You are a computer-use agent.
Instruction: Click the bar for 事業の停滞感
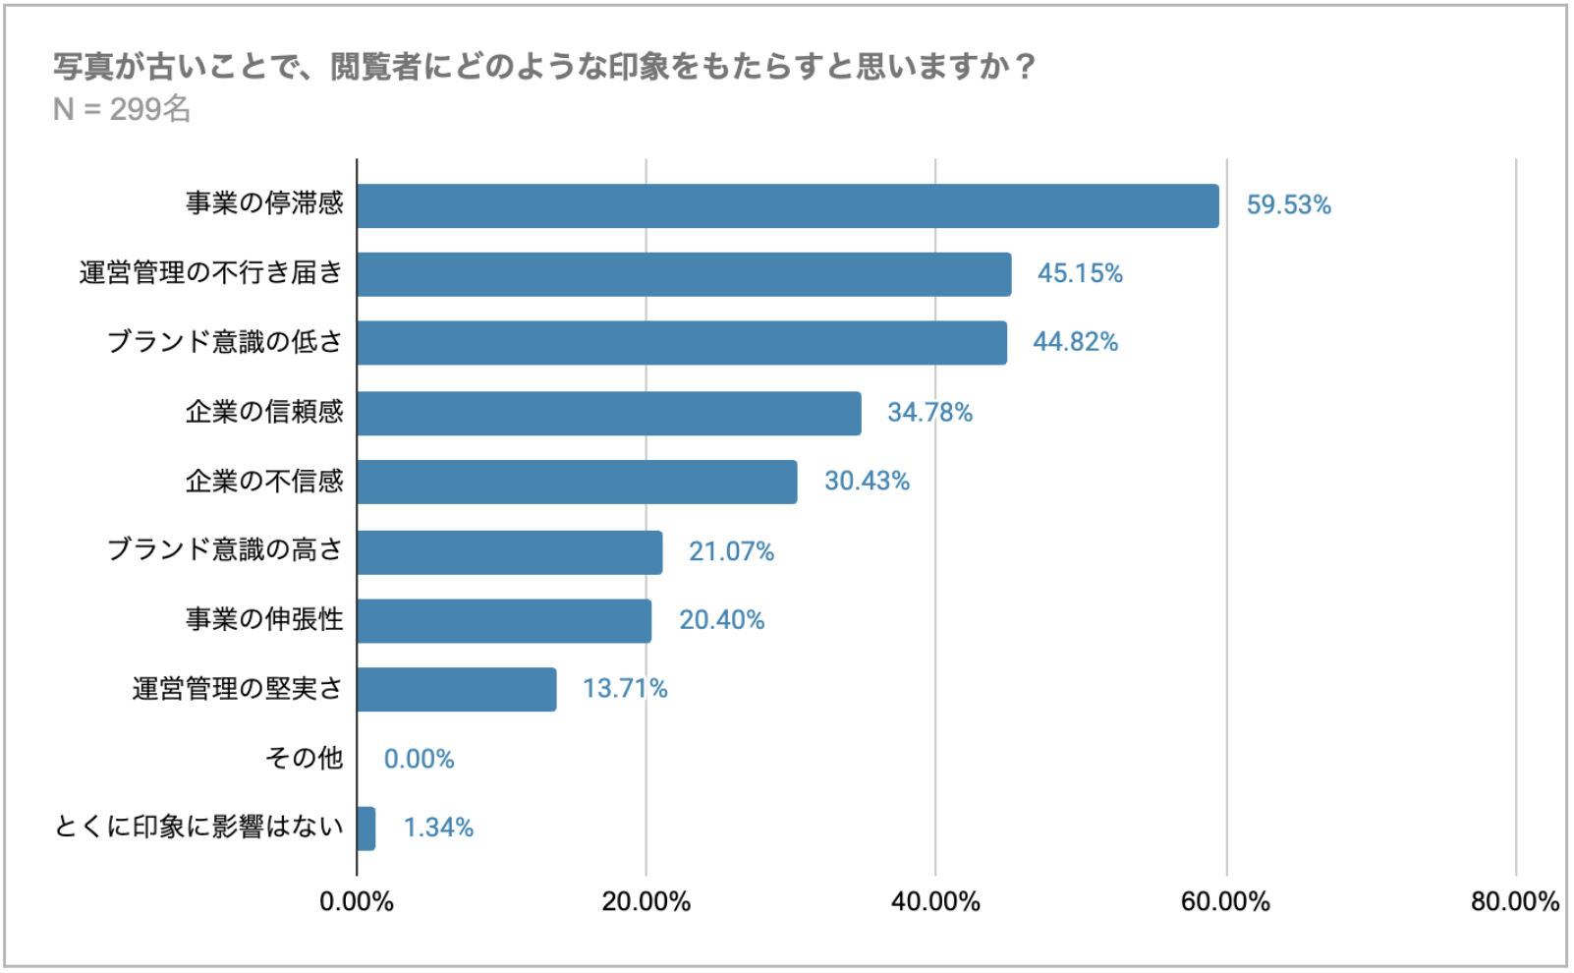(787, 206)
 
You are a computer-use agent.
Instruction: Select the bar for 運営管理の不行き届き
(684, 274)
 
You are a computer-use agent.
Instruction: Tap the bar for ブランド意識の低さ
(682, 343)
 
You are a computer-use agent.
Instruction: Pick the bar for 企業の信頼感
(609, 413)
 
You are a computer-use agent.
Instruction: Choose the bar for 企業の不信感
(577, 482)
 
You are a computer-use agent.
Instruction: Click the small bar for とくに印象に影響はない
(365, 829)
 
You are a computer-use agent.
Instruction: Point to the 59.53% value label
(1288, 205)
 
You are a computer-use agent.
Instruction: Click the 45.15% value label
(1080, 273)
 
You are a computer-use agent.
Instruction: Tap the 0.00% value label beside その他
(419, 760)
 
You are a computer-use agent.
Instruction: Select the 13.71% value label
(625, 689)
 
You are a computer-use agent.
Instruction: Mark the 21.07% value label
(731, 552)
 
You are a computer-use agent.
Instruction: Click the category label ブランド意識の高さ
(225, 549)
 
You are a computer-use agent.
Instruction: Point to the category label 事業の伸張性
(264, 619)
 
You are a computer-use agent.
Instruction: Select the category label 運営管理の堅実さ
(238, 689)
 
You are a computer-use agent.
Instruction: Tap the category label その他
(304, 758)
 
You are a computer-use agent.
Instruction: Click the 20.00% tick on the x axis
(646, 902)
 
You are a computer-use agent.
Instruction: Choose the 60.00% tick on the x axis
(1225, 902)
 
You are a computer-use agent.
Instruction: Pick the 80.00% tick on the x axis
(1514, 902)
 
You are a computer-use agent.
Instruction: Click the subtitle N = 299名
(122, 109)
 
